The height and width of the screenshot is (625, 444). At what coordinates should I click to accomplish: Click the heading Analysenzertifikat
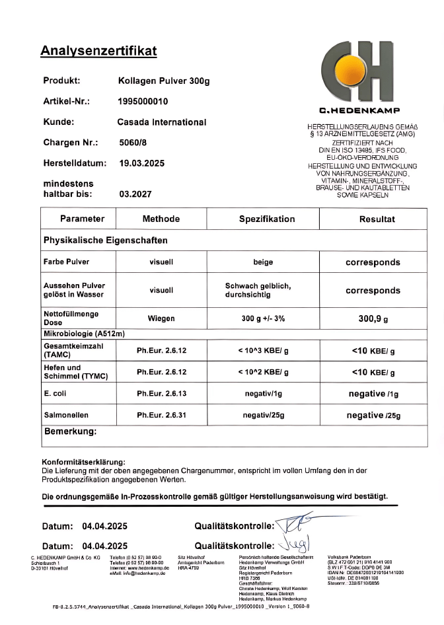click(x=98, y=51)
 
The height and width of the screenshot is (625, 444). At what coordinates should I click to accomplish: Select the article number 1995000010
click(x=143, y=102)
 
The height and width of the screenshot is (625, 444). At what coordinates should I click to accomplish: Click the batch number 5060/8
click(x=133, y=142)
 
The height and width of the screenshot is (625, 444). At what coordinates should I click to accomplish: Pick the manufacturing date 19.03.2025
click(x=142, y=163)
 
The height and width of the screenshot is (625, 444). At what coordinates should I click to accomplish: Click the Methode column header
click(x=161, y=219)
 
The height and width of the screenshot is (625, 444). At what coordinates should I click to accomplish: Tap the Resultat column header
click(x=377, y=219)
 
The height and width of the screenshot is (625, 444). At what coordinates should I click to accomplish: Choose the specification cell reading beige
click(x=263, y=262)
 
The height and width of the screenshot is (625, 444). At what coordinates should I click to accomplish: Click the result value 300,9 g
click(x=373, y=318)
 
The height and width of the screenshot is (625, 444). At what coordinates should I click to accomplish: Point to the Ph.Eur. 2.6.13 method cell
click(x=161, y=393)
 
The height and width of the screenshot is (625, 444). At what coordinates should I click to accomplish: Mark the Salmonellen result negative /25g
click(x=373, y=416)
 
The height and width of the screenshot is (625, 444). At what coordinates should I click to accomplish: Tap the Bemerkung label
click(x=70, y=432)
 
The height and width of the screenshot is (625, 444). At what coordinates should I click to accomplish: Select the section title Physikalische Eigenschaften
click(x=105, y=240)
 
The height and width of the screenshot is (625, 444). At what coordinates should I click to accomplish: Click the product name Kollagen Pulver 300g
click(x=163, y=81)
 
